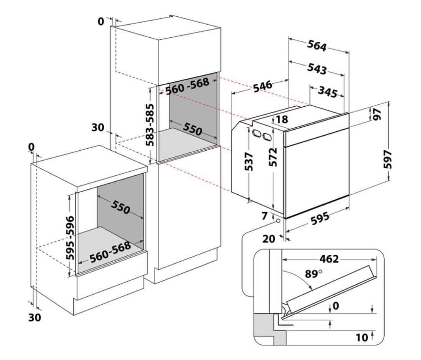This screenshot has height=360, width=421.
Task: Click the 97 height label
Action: [x=377, y=114]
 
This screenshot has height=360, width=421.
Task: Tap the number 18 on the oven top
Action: [x=282, y=119]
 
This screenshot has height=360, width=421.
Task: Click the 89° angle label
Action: [x=313, y=275]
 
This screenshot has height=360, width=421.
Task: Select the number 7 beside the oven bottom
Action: [x=264, y=216]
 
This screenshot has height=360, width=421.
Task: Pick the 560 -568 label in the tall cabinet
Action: [x=187, y=86]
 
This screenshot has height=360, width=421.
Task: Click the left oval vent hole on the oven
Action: [x=255, y=134]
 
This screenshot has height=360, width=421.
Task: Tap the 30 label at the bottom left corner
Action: [x=35, y=318]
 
